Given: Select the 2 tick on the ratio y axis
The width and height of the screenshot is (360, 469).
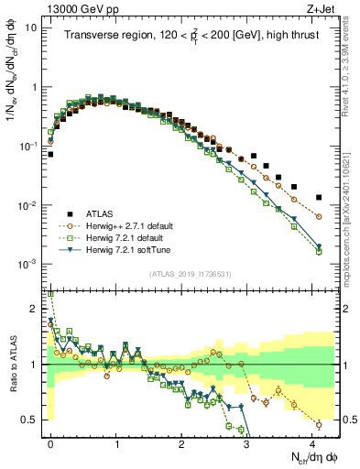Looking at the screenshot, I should coord(33,309).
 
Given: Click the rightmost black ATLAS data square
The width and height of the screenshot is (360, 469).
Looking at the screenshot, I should coord(319,197).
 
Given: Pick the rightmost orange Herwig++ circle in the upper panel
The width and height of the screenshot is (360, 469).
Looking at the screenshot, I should coord(319,216).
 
